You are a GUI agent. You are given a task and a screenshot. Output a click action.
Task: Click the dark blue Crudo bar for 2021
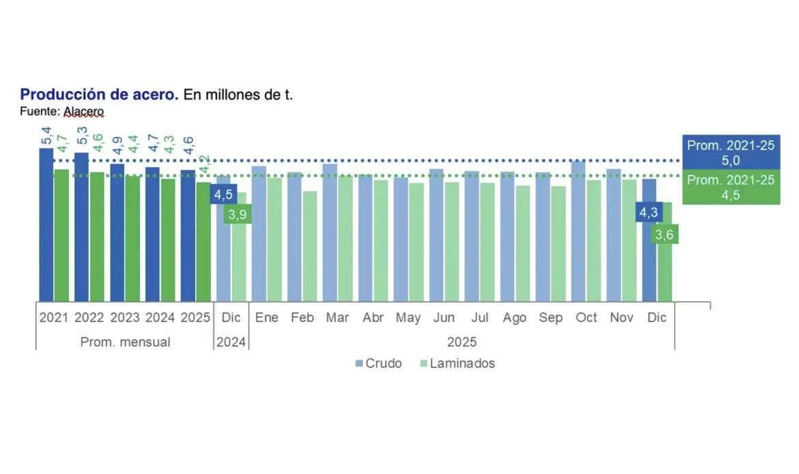[46, 225]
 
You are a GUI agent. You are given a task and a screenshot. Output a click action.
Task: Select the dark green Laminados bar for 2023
[132, 239]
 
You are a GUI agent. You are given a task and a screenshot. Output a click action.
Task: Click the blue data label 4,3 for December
[648, 212]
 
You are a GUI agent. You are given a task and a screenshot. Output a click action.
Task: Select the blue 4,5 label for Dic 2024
[223, 195]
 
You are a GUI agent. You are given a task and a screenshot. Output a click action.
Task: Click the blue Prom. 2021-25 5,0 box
[731, 153]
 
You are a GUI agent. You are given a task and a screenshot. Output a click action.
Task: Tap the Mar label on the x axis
[337, 318]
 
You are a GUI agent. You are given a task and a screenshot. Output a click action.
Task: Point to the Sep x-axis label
[550, 318]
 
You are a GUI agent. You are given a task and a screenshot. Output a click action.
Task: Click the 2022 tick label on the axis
[89, 318]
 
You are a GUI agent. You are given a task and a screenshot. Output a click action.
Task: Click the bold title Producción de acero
[99, 95]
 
